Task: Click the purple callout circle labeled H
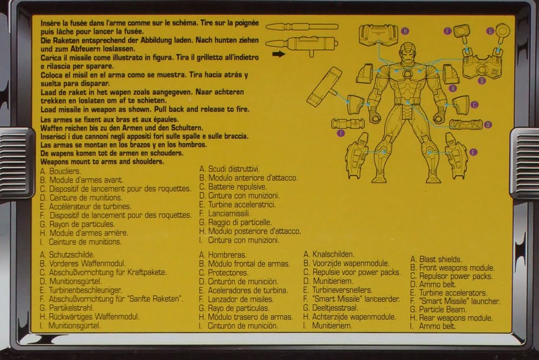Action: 405,31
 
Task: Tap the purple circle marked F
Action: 447,31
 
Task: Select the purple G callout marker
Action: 490,31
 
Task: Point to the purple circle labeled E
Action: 473,152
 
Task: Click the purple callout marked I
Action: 341,133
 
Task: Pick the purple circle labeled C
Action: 474,105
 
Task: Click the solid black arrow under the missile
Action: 279,54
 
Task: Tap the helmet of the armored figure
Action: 407,54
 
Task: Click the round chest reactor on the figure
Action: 407,74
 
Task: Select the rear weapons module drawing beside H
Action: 378,34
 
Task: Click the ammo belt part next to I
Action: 348,123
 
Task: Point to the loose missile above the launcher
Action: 301,26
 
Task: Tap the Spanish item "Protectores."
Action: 228,273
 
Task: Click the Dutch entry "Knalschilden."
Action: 333,254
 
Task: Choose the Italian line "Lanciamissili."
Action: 229,213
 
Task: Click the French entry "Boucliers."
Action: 65,171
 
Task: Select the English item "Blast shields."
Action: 441,259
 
